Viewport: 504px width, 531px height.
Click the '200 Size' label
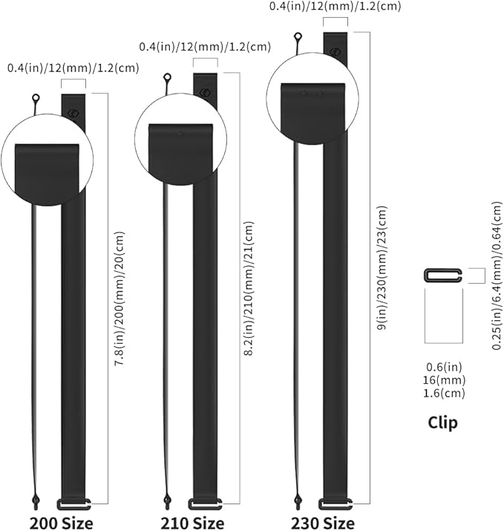point(62,522)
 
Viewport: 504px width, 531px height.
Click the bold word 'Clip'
point(442,423)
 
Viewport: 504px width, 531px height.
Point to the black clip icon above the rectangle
point(442,276)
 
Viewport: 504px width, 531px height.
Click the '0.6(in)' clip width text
point(442,365)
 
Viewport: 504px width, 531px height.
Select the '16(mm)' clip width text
point(442,379)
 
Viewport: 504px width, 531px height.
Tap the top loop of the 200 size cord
point(35,99)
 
